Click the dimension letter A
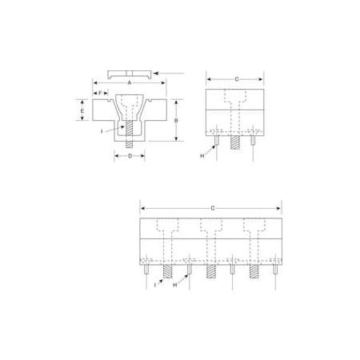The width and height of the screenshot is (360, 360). [x=130, y=83]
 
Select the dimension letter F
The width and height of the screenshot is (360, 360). [x=100, y=93]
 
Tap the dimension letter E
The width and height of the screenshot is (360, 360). [x=82, y=110]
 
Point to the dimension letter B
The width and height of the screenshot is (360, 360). [x=176, y=121]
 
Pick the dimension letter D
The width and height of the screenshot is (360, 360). [x=130, y=156]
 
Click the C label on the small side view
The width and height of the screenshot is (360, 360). [x=237, y=79]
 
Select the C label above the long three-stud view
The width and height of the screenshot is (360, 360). [x=213, y=208]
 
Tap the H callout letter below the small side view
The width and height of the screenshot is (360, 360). [x=202, y=156]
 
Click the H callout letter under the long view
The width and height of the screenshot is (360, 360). [x=175, y=285]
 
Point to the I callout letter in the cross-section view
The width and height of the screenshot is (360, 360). [x=102, y=131]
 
